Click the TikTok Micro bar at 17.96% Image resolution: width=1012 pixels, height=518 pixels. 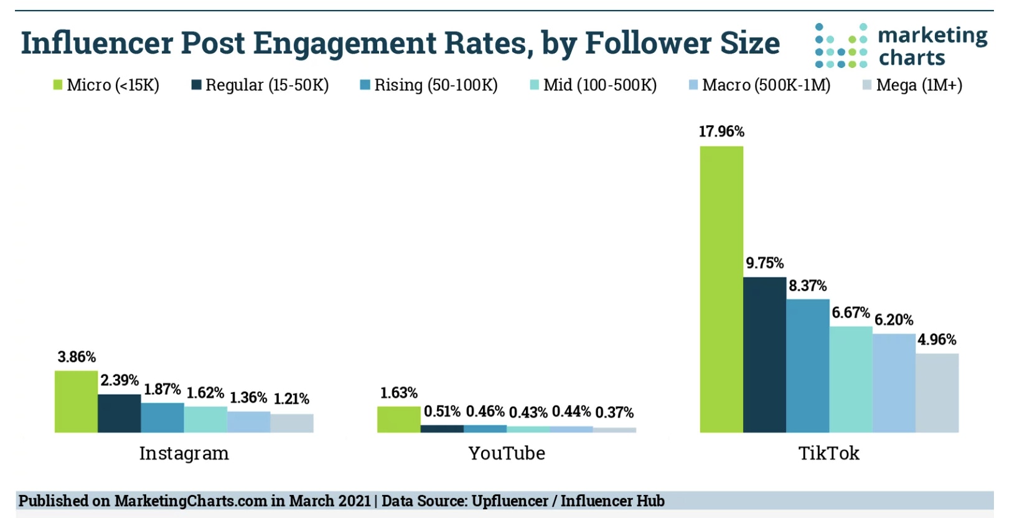[721, 289]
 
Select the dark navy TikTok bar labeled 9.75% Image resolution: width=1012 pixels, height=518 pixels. [764, 354]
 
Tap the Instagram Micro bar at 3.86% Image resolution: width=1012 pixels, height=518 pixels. [76, 402]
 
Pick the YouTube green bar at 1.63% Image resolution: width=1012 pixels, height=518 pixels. [398, 419]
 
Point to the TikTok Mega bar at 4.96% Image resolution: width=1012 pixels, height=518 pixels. [937, 393]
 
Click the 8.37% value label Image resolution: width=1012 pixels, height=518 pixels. [807, 286]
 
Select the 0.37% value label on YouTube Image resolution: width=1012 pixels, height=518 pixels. [614, 412]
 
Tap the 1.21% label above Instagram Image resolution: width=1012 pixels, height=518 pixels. [291, 398]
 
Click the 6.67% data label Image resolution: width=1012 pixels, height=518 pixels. [850, 313]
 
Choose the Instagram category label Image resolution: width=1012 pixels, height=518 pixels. [184, 453]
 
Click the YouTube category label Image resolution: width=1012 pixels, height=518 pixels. [507, 453]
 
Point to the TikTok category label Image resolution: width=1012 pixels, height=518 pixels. [828, 453]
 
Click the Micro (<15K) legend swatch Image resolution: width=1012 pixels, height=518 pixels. [58, 85]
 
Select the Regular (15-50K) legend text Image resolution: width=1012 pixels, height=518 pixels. [267, 85]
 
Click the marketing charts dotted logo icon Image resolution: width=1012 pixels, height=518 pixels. [841, 45]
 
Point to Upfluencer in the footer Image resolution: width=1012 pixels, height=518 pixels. [510, 501]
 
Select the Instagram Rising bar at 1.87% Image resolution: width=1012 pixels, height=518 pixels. [162, 417]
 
